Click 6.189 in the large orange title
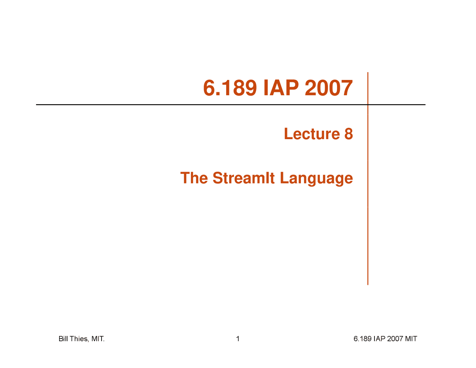pos(230,88)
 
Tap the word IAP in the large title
pos(281,88)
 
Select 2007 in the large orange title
pos(329,88)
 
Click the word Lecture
pos(312,134)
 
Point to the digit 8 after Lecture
pos(348,134)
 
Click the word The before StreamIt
pos(194,178)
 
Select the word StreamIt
pos(244,178)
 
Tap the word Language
pos(316,179)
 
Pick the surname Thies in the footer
pos(79,339)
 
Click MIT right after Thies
pos(97,339)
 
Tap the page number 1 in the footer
pos(238,339)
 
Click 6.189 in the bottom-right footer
pos(362,339)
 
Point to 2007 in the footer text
pos(395,339)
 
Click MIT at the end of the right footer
pos(411,339)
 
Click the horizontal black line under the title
pos(186,105)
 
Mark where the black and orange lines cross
pos(368,105)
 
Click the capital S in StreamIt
pos(218,178)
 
